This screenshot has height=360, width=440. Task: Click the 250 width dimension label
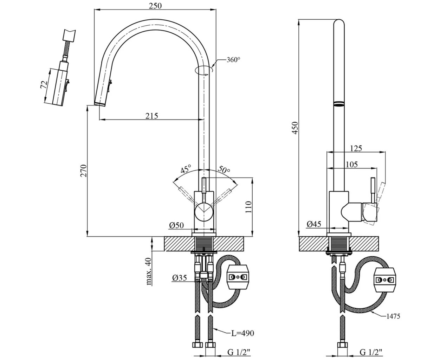pyautogui.click(x=155, y=6)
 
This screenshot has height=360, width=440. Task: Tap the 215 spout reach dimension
pyautogui.click(x=152, y=115)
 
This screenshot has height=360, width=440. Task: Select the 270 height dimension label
pyautogui.click(x=83, y=171)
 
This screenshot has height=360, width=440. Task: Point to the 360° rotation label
pyautogui.click(x=233, y=60)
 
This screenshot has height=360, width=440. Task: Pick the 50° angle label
pyautogui.click(x=224, y=169)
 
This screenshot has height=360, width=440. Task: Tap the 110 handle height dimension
pyautogui.click(x=249, y=207)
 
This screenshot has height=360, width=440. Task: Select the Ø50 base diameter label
pyautogui.click(x=176, y=225)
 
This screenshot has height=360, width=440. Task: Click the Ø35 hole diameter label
pyautogui.click(x=179, y=278)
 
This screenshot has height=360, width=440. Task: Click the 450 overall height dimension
pyautogui.click(x=295, y=128)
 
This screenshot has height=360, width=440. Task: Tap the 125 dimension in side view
pyautogui.click(x=356, y=148)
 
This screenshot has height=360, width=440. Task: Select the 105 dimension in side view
pyautogui.click(x=351, y=164)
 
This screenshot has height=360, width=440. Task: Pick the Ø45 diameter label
pyautogui.click(x=314, y=224)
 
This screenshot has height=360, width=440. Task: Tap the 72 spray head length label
pyautogui.click(x=44, y=85)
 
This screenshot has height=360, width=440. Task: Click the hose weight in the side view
pyautogui.click(x=385, y=280)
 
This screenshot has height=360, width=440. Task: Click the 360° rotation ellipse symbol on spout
pyautogui.click(x=204, y=70)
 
